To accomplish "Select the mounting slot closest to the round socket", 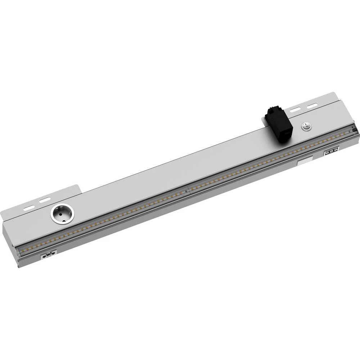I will tap(45, 200).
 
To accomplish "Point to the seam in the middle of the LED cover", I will tap(189, 190).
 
